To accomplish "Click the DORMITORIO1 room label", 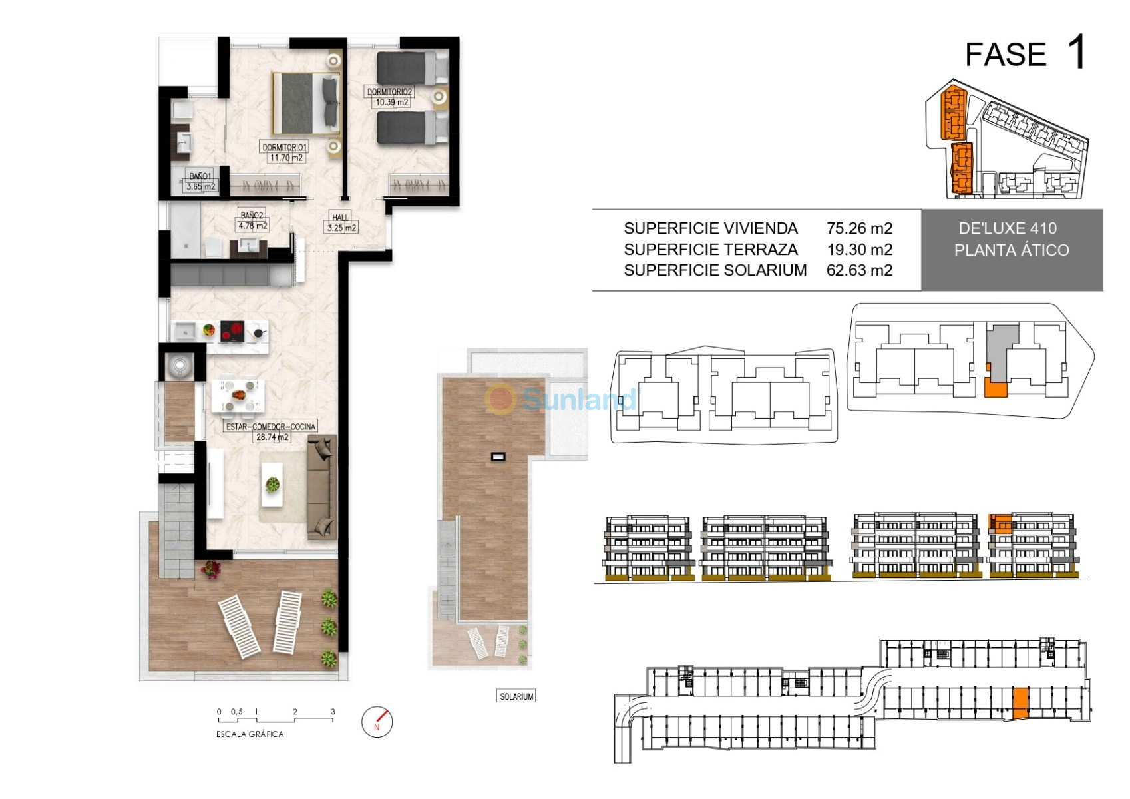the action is point(285,147).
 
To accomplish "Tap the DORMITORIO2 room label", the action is point(389,92).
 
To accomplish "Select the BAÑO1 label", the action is point(200,176).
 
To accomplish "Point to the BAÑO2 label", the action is point(252,216).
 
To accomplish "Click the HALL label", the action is point(341,218).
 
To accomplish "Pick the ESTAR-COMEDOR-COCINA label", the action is point(271,427).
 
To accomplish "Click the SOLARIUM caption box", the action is point(516,696).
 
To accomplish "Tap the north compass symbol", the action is point(377,722).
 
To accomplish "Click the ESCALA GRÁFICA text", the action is point(250,734).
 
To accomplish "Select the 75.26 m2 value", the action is point(859,228).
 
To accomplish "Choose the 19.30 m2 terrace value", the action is point(859,249).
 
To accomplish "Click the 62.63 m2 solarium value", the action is point(859,270).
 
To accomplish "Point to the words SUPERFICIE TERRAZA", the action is point(711,249).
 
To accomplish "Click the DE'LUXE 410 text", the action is point(1008,228).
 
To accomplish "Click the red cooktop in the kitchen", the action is point(232,332).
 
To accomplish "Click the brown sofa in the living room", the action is point(322,487).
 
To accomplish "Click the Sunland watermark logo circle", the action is point(500,399).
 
